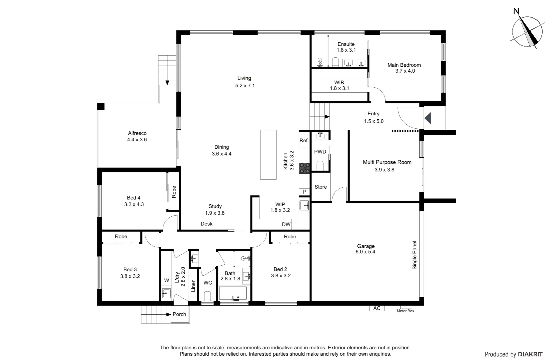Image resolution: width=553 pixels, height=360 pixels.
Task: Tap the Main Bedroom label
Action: coord(404,65)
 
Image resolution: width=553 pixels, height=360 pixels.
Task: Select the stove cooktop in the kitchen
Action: coord(304,168)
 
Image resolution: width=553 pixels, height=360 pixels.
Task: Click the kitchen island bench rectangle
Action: coord(268,155)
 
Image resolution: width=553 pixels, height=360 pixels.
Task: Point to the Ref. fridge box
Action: coord(304,141)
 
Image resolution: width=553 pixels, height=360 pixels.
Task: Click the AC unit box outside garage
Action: coord(377,308)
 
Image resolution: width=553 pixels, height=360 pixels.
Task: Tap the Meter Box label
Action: coord(405,311)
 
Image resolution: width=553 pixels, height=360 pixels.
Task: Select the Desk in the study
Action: coord(206,224)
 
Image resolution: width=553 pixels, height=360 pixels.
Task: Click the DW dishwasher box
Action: coord(286,225)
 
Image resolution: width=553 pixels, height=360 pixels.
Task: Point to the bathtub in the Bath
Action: coord(233,294)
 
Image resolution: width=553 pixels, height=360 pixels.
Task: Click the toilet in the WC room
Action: coord(207,296)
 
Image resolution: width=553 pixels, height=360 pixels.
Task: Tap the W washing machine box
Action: coord(166,281)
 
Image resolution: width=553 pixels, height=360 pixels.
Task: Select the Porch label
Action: coord(179,314)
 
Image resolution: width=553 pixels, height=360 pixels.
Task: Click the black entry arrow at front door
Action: coord(428,118)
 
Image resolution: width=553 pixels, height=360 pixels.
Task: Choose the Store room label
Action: coord(321,187)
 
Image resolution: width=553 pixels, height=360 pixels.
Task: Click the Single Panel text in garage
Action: coord(415,255)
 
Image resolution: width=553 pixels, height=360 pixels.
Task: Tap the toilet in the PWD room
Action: coord(320,166)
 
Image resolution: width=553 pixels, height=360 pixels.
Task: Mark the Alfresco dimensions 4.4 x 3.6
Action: coord(137,140)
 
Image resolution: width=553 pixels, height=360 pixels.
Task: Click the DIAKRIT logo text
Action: coord(530,354)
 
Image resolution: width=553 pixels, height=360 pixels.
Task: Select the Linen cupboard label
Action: coord(193,286)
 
